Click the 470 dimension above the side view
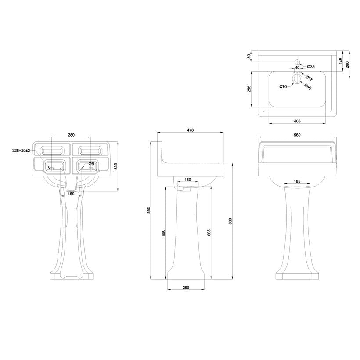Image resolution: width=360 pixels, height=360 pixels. click(x=190, y=130)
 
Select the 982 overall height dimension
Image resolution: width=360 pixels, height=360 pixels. click(x=148, y=210)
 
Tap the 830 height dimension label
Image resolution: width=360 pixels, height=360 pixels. click(x=230, y=221)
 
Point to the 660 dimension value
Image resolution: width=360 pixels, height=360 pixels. click(x=163, y=233)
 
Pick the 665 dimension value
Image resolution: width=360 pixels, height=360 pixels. click(x=209, y=233)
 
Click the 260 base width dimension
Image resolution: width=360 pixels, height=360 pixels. click(x=186, y=288)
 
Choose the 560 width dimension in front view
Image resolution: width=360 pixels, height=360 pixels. click(x=297, y=135)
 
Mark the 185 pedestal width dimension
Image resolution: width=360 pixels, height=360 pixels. click(x=297, y=181)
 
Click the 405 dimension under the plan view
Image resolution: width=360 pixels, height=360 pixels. click(x=297, y=121)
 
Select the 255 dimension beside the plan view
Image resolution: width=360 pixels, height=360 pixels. click(x=249, y=89)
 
